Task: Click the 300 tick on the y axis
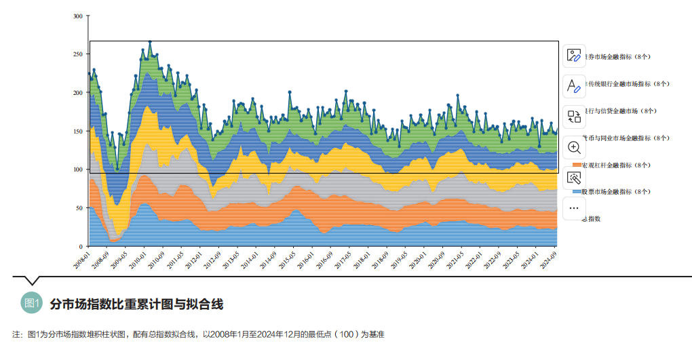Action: (78, 16)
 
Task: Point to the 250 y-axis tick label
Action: (78, 54)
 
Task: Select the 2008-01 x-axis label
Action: (83, 260)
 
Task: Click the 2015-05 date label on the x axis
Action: (287, 260)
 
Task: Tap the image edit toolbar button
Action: (574, 56)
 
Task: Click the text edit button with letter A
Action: (574, 86)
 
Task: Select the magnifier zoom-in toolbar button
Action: (574, 147)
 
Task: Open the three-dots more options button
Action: (574, 208)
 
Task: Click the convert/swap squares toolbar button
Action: (574, 117)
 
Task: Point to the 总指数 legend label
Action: (592, 219)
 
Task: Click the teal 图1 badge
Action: (32, 303)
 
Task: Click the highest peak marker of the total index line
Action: (150, 41)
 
